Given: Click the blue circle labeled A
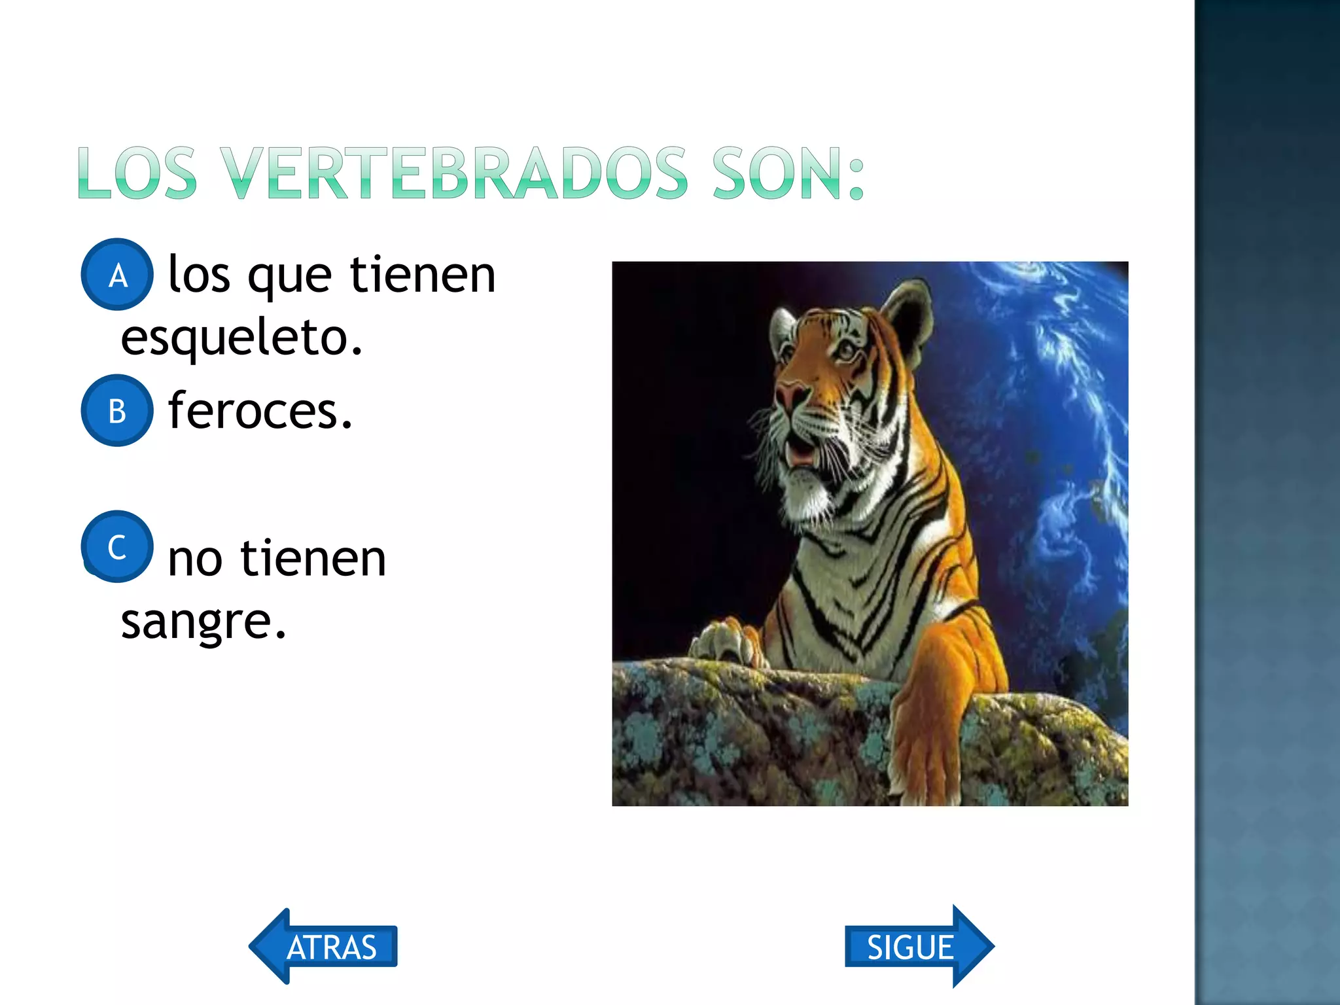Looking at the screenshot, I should (x=117, y=275).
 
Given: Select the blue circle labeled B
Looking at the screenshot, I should (x=117, y=411).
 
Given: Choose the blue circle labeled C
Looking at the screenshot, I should (x=117, y=546).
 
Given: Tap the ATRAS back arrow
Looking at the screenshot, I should (x=324, y=946).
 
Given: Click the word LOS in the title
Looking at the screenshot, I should (x=137, y=173).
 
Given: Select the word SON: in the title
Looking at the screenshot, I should (x=788, y=173).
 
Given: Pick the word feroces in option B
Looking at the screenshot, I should (x=260, y=411).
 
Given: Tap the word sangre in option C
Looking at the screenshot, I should (x=203, y=622).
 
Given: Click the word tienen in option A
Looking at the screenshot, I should (x=423, y=275).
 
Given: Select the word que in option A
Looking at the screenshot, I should (x=289, y=277).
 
